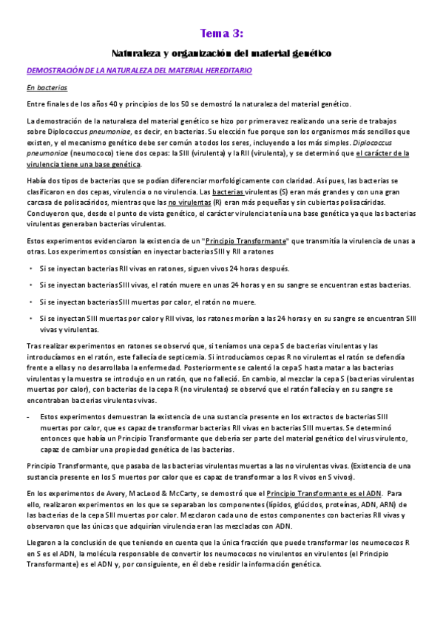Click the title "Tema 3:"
pyautogui.click(x=221, y=33)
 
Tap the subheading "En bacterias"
pyautogui.click(x=47, y=87)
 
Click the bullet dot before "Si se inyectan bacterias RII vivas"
pyautogui.click(x=30, y=268)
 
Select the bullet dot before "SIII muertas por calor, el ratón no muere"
pyautogui.click(x=30, y=302)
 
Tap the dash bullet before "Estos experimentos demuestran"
pyautogui.click(x=28, y=417)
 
